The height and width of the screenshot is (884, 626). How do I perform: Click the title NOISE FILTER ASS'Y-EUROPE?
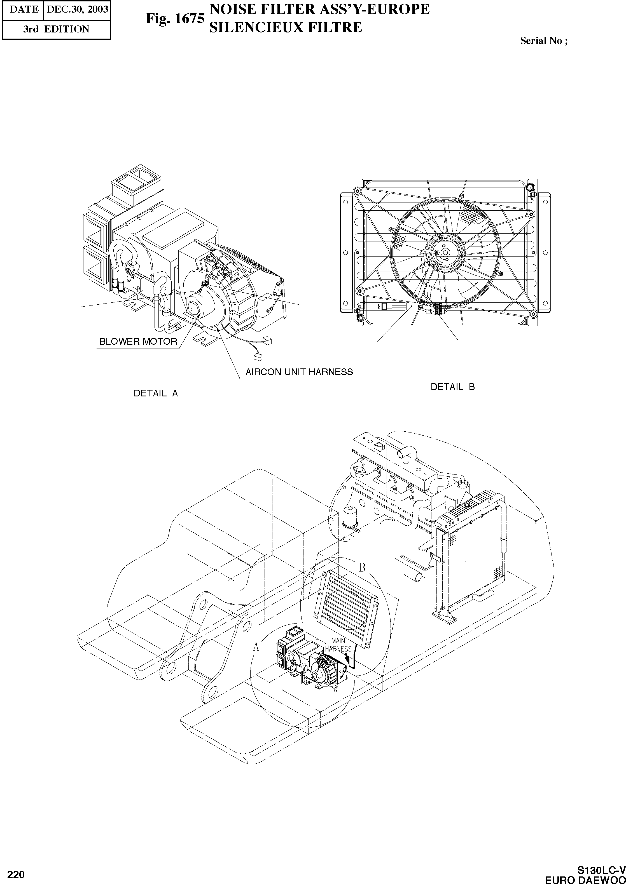pyautogui.click(x=319, y=9)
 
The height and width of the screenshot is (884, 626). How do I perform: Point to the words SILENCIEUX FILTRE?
pyautogui.click(x=285, y=27)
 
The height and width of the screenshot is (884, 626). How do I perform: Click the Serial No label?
pyautogui.click(x=543, y=41)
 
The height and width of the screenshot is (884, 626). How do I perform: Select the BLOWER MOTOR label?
pyautogui.click(x=138, y=341)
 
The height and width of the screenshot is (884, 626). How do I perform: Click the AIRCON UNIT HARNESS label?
pyautogui.click(x=299, y=372)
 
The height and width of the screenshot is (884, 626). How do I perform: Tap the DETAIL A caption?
pyautogui.click(x=156, y=393)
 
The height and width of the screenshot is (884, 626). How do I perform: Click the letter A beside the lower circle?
pyautogui.click(x=256, y=648)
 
